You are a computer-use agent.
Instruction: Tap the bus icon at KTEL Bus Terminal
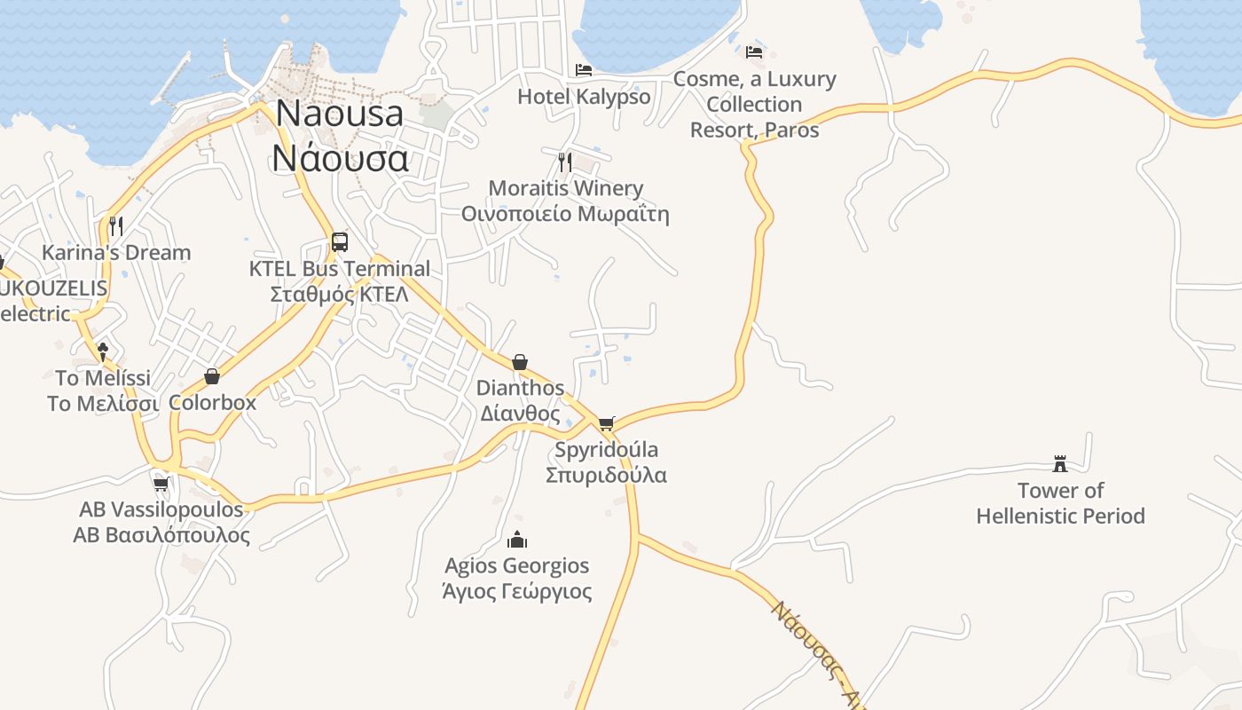point(339,241)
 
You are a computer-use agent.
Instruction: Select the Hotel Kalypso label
point(584,97)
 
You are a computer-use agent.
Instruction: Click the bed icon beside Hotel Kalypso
point(583,69)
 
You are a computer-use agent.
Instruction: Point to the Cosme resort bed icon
point(754,51)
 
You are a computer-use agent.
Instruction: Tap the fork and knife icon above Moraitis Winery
point(564,162)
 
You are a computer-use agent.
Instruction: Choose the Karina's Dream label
point(116,253)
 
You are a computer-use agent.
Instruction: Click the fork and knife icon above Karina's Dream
point(115,225)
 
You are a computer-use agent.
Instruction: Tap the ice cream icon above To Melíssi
point(103,351)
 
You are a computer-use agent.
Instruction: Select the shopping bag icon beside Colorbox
point(212,376)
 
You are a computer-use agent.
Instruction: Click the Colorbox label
point(212,402)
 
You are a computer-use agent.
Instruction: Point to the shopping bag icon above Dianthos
point(520,362)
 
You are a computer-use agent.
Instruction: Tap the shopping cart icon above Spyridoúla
point(606,423)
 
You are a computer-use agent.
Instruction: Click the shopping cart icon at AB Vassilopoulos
point(161,484)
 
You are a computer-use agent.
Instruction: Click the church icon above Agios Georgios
point(517,540)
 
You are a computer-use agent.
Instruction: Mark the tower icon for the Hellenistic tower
point(1059,463)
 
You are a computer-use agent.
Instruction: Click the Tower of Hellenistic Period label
point(1060,503)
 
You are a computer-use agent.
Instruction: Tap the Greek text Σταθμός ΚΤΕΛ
point(339,294)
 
